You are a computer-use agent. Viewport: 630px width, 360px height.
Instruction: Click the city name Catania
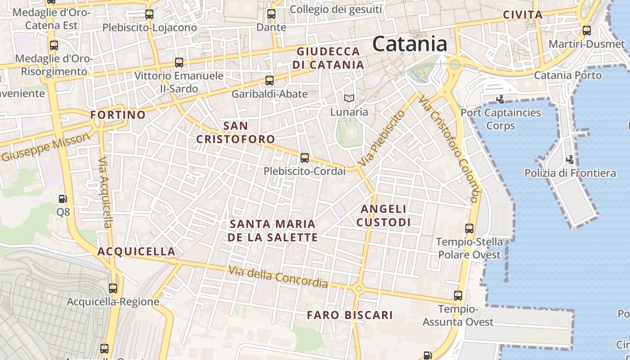(x=410, y=44)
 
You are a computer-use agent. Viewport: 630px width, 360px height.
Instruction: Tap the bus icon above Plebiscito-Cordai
(x=305, y=158)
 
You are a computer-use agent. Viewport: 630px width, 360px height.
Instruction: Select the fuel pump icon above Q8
(x=63, y=198)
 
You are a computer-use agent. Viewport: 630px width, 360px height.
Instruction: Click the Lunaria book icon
(x=349, y=98)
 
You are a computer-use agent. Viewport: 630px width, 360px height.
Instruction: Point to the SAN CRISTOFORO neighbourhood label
(x=235, y=132)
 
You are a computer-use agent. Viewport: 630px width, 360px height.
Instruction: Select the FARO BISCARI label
(x=350, y=315)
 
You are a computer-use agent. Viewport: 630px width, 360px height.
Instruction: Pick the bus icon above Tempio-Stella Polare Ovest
(x=469, y=229)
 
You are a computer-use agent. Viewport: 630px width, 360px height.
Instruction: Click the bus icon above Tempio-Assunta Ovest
(x=458, y=296)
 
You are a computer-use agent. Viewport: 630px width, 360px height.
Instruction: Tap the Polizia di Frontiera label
(x=570, y=173)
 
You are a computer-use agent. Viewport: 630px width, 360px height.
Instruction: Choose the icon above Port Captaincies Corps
(x=500, y=99)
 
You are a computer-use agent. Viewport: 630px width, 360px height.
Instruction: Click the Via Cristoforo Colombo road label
(x=448, y=148)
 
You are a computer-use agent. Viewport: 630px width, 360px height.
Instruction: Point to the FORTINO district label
(x=118, y=115)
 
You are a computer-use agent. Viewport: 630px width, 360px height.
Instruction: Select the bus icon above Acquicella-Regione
(x=113, y=288)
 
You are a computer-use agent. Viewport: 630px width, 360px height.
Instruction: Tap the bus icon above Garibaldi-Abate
(x=269, y=81)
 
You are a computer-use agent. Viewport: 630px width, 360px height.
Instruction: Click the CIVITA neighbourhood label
(x=522, y=14)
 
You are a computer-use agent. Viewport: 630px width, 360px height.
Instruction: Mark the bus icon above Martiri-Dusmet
(x=587, y=31)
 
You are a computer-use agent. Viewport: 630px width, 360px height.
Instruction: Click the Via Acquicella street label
(x=105, y=192)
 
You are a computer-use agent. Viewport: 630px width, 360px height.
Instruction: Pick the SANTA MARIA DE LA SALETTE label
(x=273, y=230)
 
